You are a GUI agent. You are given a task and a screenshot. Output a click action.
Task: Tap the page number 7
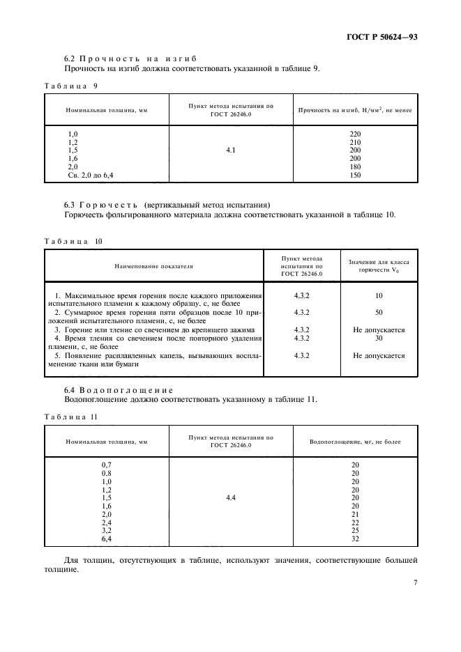point(414,582)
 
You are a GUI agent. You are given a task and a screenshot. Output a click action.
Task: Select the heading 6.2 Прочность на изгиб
point(130,59)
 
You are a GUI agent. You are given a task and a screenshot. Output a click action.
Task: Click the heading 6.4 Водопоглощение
point(119,389)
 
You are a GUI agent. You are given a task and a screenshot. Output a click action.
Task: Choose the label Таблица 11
point(71,416)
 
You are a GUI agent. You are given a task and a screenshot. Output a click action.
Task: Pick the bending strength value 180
point(355,167)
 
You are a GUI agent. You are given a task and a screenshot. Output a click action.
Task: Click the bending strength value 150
point(355,176)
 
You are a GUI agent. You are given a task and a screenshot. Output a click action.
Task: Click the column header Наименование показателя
point(154,265)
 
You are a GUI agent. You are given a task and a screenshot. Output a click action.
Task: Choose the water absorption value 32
point(355,539)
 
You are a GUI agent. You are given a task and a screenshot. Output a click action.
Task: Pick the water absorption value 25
point(355,531)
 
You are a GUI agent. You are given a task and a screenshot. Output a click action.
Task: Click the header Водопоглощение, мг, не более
point(355,442)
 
